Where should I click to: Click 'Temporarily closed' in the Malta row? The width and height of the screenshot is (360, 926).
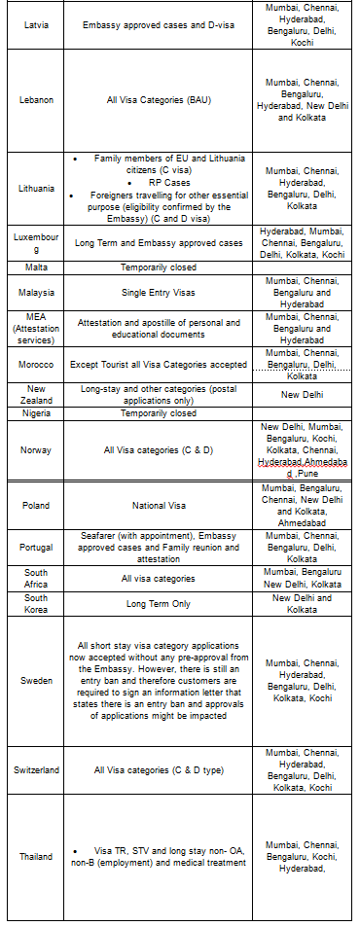pos(158,267)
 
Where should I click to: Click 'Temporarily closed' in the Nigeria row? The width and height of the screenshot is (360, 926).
pos(158,413)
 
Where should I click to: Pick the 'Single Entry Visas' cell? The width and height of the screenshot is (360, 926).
pos(158,292)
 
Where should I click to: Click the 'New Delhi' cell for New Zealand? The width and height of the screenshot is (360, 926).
pos(303,395)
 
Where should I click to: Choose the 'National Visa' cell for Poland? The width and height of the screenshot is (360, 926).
pos(158,506)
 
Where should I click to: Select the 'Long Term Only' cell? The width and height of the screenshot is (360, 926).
pos(158,603)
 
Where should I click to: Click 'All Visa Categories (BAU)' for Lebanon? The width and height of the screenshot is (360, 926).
pos(158,98)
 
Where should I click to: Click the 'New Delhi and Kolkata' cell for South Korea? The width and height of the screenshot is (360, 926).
pos(303,603)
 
